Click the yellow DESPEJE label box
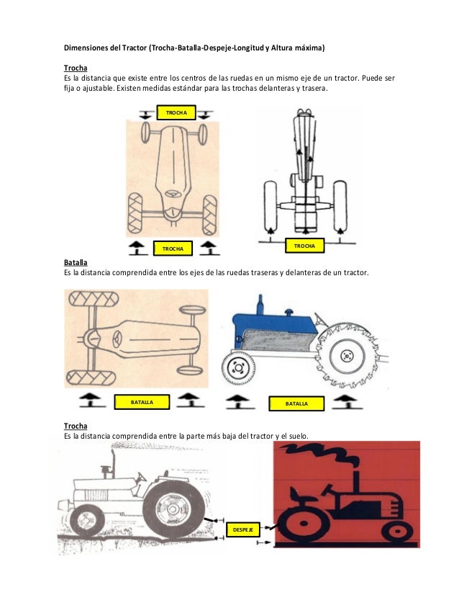(243, 529)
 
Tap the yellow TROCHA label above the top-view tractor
(176, 112)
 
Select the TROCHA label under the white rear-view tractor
(305, 246)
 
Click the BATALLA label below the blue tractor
(296, 403)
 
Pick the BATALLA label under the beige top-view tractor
(142, 402)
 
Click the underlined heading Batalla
(76, 263)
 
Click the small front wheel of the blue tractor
(238, 367)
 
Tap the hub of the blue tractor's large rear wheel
(347, 356)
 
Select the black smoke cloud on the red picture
(319, 454)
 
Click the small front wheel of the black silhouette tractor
(397, 532)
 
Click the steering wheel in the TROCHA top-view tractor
(173, 194)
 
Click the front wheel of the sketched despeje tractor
(87, 520)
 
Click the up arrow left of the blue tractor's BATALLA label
(237, 402)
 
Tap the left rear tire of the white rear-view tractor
(271, 206)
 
